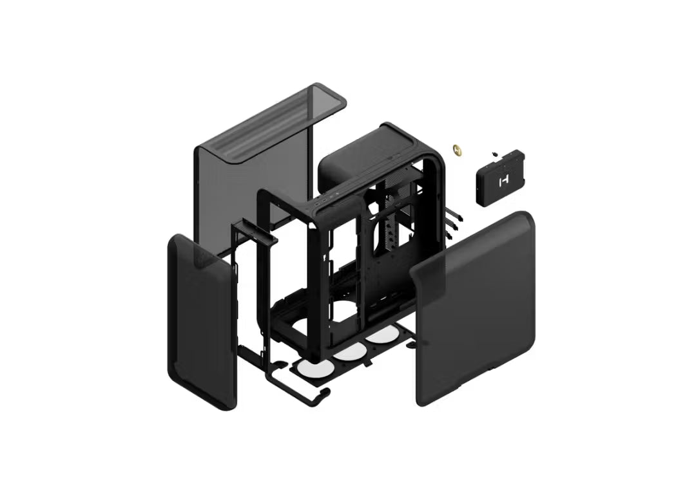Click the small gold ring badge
(x=458, y=150)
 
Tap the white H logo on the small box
(x=503, y=181)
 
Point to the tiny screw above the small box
(x=494, y=154)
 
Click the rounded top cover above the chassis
(x=361, y=154)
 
